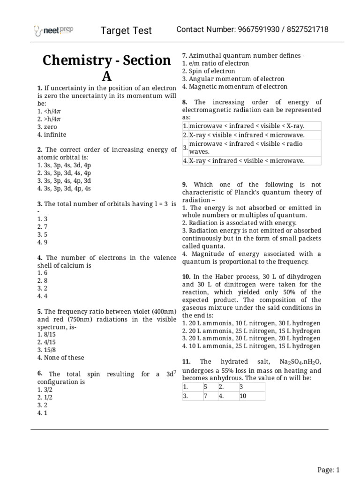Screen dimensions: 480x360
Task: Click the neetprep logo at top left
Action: (x=53, y=31)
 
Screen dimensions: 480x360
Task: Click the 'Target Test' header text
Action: (x=127, y=30)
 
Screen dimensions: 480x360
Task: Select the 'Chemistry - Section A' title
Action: (x=107, y=68)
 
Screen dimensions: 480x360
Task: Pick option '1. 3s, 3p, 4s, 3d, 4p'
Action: (x=64, y=165)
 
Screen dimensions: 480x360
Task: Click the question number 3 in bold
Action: (x=39, y=204)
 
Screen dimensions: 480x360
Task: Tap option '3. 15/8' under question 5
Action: (x=49, y=350)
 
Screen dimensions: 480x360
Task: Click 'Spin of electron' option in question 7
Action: (x=211, y=71)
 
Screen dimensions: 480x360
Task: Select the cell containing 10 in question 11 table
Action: (x=251, y=396)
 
